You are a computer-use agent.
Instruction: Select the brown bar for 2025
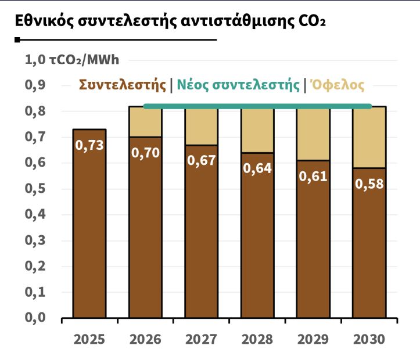pos(89,232)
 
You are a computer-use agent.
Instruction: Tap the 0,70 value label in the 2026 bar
pos(145,153)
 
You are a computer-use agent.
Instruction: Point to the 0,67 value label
pos(202,161)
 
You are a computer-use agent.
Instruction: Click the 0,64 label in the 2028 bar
pos(257,168)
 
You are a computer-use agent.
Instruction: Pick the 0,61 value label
pos(314,176)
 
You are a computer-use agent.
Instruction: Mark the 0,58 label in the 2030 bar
pos(369,184)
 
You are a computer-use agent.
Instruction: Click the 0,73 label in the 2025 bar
pos(89,145)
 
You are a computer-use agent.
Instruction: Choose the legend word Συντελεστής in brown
pos(123,85)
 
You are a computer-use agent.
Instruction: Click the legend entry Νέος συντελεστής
pos(238,85)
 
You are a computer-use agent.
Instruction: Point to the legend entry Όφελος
pos(338,85)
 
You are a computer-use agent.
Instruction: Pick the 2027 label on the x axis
pos(202,339)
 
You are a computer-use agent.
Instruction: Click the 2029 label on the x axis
pos(314,339)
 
